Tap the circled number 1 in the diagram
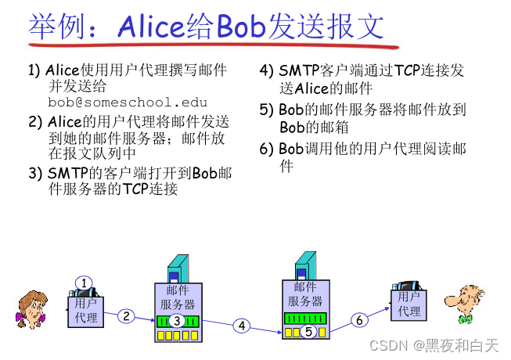click(85, 283)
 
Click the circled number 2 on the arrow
click(127, 316)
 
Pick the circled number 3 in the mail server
click(177, 320)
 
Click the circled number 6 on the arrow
click(359, 319)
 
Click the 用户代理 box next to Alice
click(86, 311)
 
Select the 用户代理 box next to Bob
click(408, 304)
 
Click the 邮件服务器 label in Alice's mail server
click(178, 298)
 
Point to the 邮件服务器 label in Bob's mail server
click(305, 294)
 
